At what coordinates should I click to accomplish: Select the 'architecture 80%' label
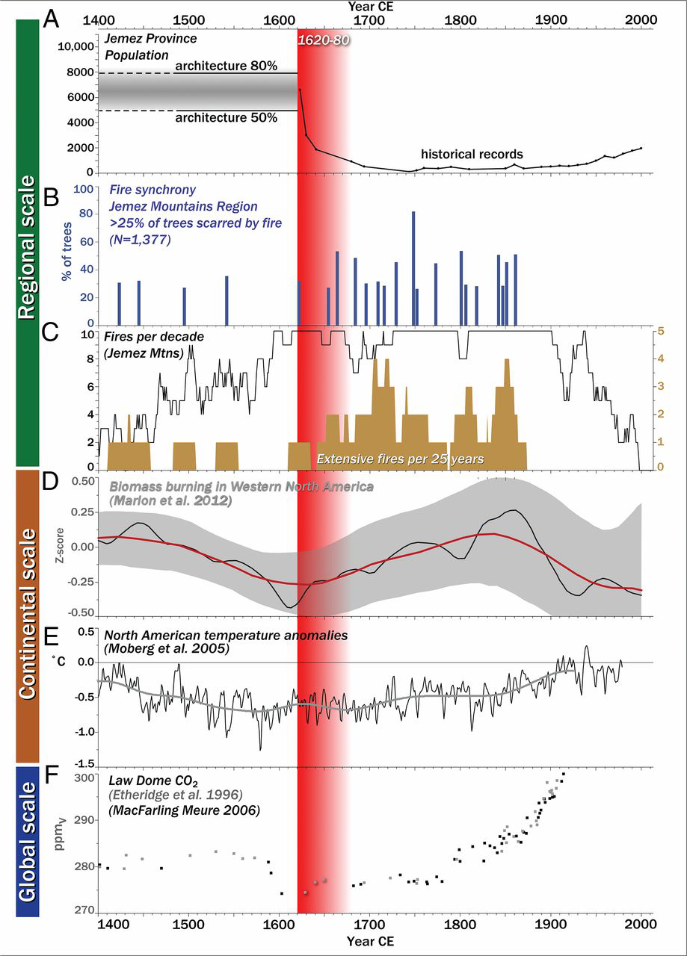[x=226, y=66]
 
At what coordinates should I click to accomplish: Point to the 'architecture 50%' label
[x=226, y=117]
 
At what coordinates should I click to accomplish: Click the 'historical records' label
[x=472, y=154]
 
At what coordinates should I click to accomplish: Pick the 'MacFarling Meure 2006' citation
[x=184, y=809]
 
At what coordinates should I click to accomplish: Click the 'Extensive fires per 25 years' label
[x=401, y=458]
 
